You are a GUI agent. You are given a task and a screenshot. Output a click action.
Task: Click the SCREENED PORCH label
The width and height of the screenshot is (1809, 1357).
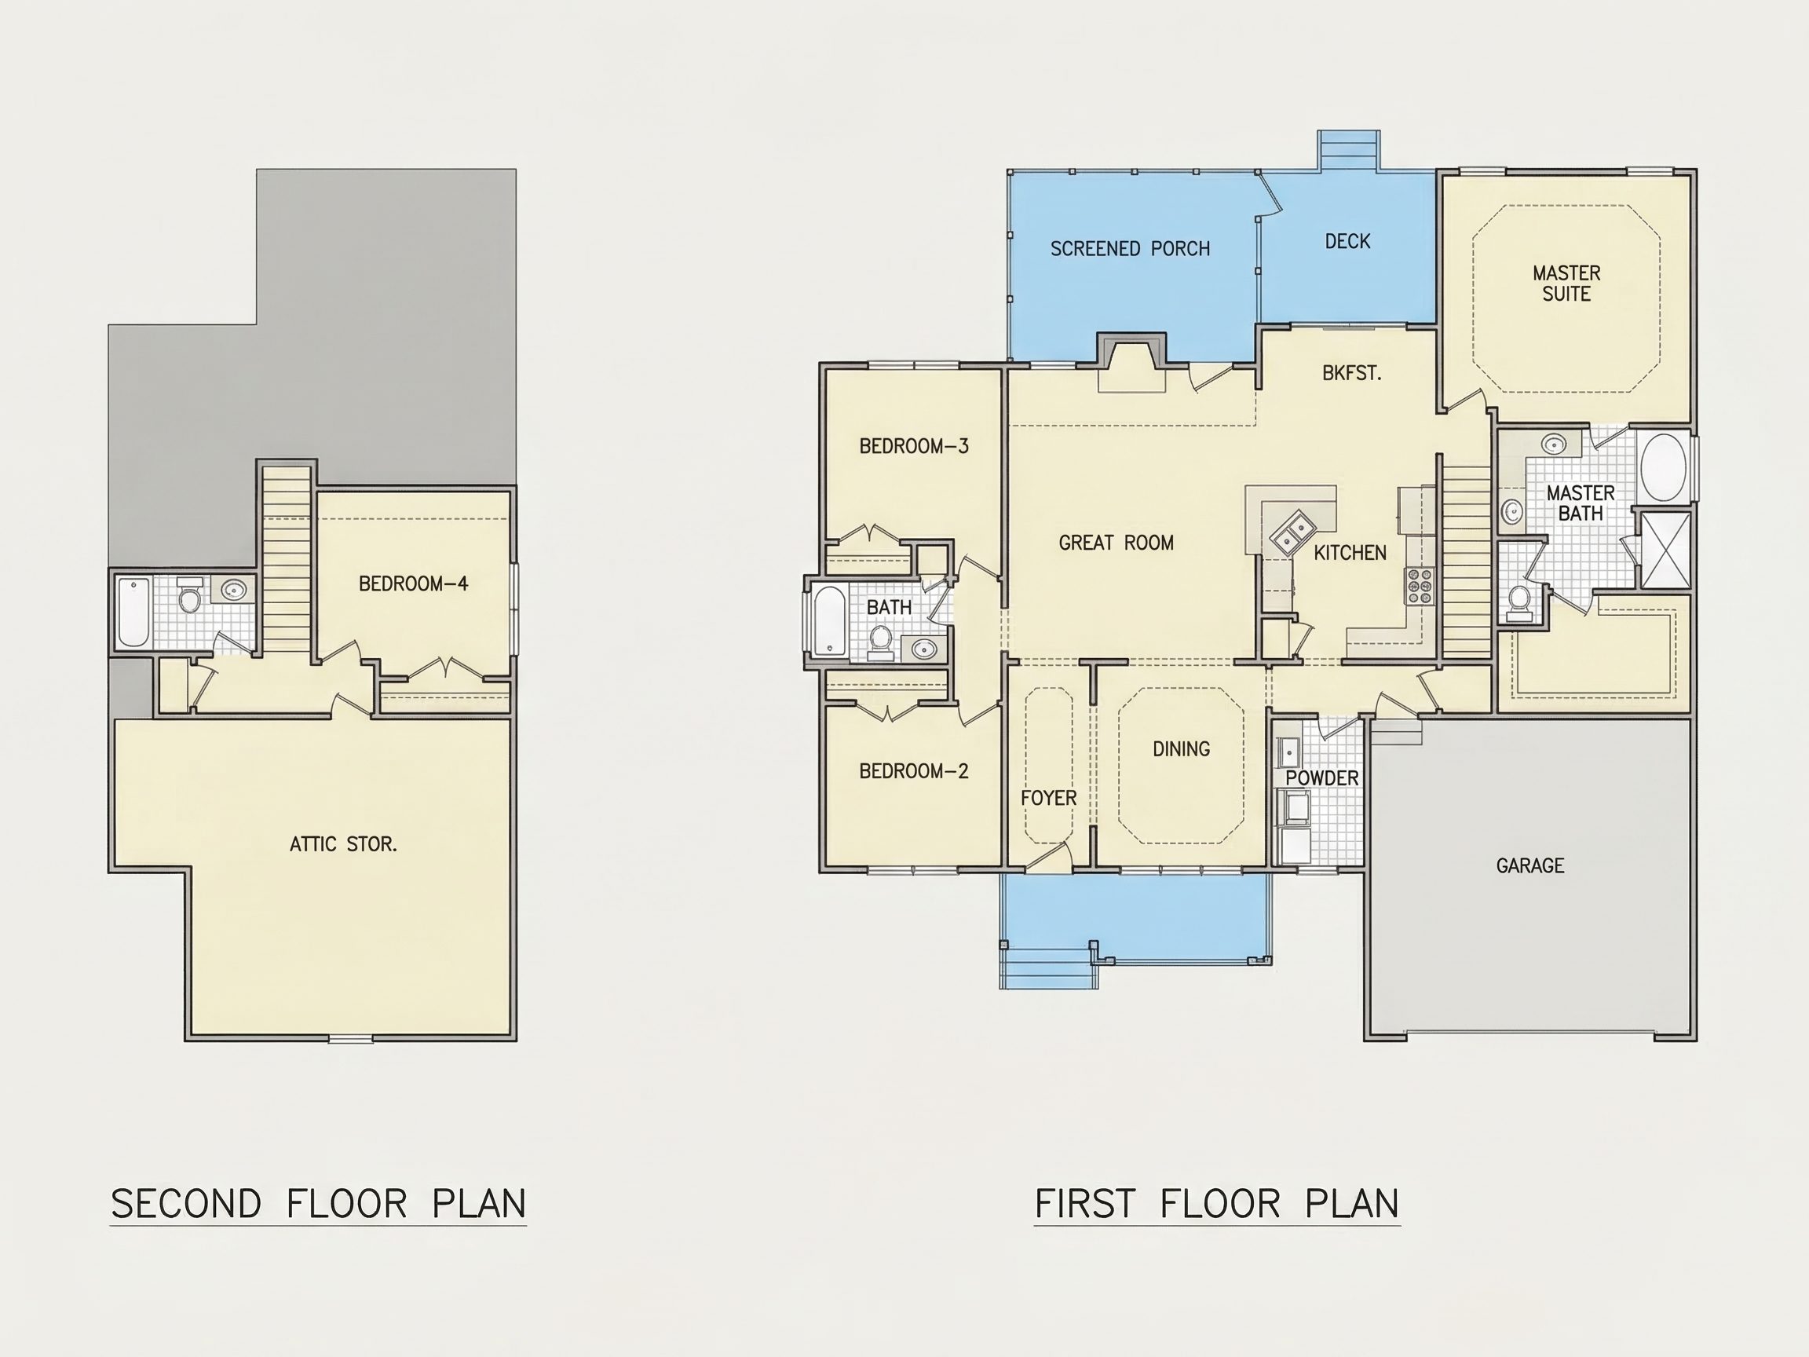pyautogui.click(x=1130, y=249)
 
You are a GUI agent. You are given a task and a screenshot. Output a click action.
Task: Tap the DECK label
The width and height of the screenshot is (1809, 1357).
pyautogui.click(x=1348, y=241)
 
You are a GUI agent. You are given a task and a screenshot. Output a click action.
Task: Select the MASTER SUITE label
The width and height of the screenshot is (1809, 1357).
pyautogui.click(x=1566, y=283)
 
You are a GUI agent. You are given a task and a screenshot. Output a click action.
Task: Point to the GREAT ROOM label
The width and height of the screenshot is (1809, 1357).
pyautogui.click(x=1116, y=543)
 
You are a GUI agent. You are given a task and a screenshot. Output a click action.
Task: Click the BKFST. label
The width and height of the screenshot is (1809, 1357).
pyautogui.click(x=1352, y=373)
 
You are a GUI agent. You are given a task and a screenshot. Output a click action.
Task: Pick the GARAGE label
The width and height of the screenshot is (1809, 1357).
pyautogui.click(x=1530, y=865)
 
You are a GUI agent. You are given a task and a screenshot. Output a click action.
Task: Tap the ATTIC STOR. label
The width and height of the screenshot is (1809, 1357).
pyautogui.click(x=343, y=844)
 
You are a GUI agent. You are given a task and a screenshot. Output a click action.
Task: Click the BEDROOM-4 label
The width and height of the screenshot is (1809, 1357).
pyautogui.click(x=413, y=583)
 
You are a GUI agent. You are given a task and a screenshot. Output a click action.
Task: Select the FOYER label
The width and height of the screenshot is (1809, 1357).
pyautogui.click(x=1048, y=798)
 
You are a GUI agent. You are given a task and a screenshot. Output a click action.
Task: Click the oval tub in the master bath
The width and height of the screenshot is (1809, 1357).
pyautogui.click(x=1664, y=467)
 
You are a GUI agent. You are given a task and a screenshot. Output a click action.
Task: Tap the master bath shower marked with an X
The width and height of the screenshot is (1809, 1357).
pyautogui.click(x=1666, y=550)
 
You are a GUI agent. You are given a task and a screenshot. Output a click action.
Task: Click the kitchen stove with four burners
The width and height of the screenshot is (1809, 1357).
pyautogui.click(x=1419, y=587)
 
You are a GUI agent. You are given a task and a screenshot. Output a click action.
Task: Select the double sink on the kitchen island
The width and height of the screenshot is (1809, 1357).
pyautogui.click(x=1292, y=533)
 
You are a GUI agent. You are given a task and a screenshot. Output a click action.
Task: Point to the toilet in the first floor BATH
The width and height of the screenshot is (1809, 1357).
pyautogui.click(x=881, y=642)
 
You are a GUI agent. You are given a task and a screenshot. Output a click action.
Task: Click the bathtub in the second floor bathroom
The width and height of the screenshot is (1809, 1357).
pyautogui.click(x=133, y=612)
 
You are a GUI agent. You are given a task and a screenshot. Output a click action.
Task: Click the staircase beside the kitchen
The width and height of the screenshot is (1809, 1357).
pyautogui.click(x=1467, y=560)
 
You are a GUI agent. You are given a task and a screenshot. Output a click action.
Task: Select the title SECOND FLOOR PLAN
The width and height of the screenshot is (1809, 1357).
pyautogui.click(x=318, y=1204)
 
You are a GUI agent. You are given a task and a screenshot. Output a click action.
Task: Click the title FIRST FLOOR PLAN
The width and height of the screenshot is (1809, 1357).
pyautogui.click(x=1217, y=1204)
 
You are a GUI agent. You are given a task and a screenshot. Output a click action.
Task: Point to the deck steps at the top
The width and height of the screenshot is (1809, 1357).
pyautogui.click(x=1349, y=151)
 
